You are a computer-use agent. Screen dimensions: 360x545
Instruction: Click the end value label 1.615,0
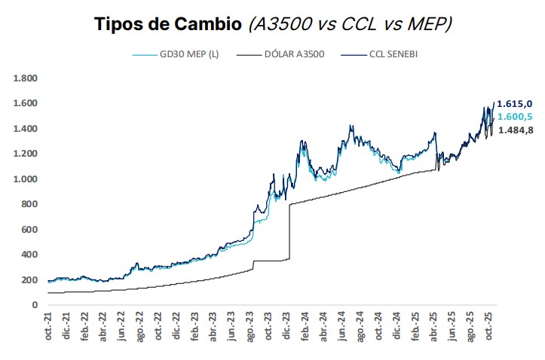(x=514, y=103)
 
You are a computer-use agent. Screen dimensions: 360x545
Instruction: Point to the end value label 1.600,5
(x=514, y=116)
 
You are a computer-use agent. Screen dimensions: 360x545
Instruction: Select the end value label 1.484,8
(x=514, y=130)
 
